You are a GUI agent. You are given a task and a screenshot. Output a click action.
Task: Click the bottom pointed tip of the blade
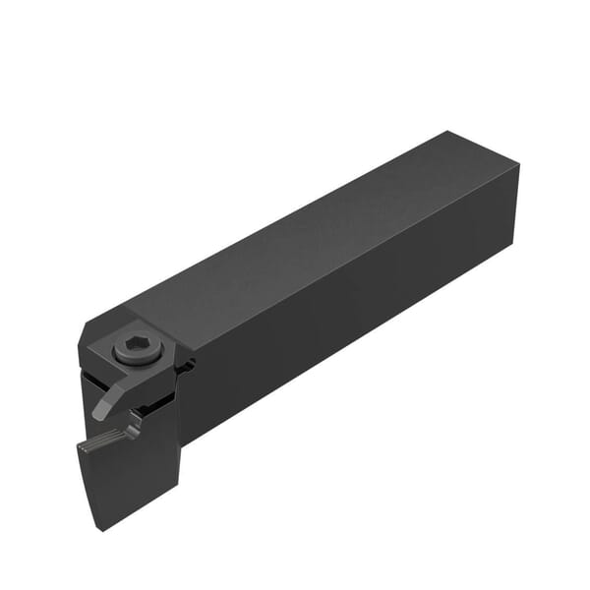[101, 528]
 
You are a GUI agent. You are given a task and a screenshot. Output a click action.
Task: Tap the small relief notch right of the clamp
[187, 366]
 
